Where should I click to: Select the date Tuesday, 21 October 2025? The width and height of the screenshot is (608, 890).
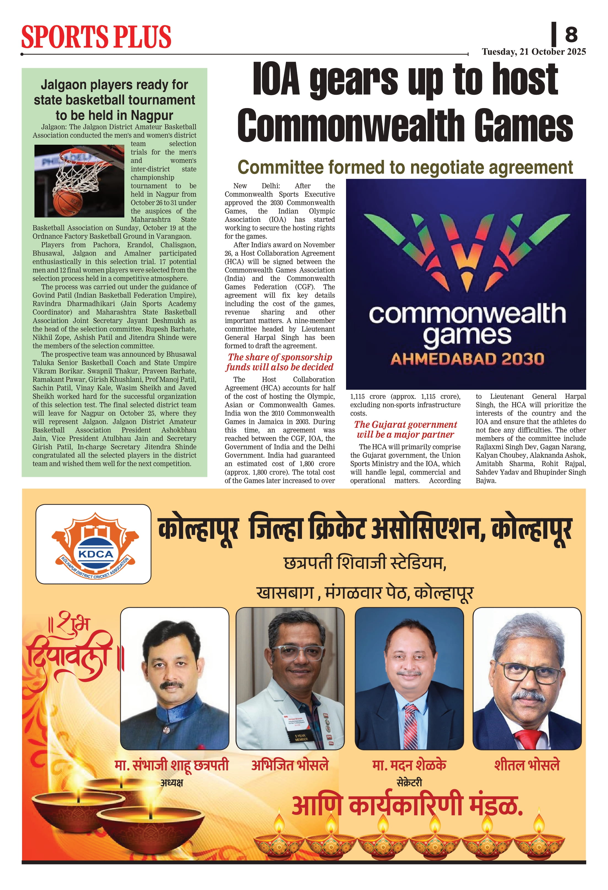point(534,52)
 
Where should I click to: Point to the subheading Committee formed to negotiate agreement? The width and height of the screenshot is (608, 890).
point(405,167)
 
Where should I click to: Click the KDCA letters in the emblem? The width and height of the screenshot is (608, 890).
point(95,554)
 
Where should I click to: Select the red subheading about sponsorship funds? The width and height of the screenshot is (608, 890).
point(280,362)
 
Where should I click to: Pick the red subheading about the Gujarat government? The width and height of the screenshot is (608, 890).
point(405,429)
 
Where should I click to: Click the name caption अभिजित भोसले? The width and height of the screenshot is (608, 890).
point(290,765)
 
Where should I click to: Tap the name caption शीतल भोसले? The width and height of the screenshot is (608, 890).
point(527,765)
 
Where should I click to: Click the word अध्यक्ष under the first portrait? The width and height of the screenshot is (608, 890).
point(172,783)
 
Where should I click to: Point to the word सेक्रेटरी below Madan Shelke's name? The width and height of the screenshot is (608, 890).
point(409,783)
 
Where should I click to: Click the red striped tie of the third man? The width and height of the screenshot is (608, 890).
point(410,726)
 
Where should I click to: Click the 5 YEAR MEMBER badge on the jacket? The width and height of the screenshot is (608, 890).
point(301,737)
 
